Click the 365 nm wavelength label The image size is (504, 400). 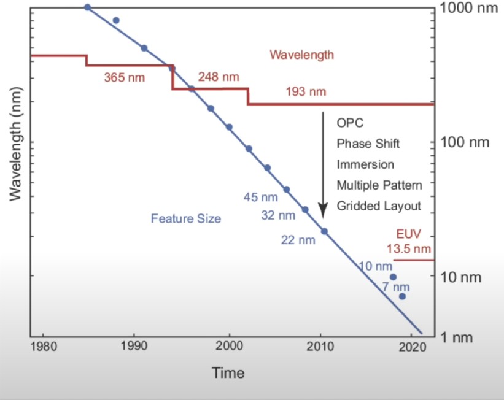coord(124,78)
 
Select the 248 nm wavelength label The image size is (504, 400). coord(219,77)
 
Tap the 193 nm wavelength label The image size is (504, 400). coord(306,91)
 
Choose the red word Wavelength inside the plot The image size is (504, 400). coord(302,55)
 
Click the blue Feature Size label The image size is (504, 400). coord(185,218)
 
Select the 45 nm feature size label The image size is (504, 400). coord(261,198)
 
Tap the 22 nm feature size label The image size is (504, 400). coord(298,240)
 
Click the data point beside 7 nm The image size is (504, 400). coord(402,296)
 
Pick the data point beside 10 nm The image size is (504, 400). coord(393,277)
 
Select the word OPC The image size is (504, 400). coord(350,123)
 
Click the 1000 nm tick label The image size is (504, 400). coord(468,9)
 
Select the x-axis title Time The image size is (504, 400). coord(228,372)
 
